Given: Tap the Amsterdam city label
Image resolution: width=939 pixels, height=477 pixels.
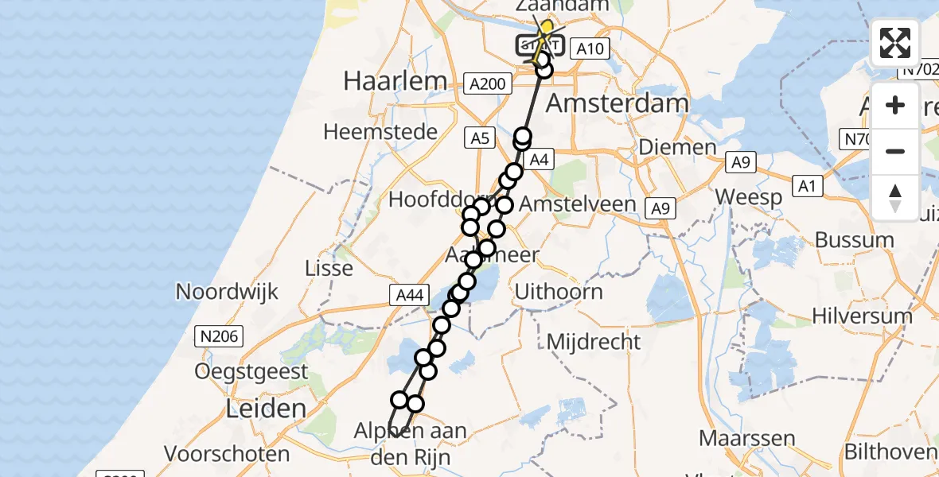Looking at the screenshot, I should (618, 103).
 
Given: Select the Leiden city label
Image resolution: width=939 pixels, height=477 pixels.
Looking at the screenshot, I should (266, 409).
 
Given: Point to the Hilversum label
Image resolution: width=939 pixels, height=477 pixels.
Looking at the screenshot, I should (862, 316).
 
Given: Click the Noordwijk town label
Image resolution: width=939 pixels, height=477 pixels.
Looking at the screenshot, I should (227, 292).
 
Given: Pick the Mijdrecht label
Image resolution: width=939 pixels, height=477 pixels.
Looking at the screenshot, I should (594, 343).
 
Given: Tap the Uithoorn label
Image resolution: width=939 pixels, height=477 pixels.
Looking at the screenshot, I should (559, 292).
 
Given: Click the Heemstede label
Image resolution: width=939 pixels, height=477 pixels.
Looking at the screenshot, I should (380, 132).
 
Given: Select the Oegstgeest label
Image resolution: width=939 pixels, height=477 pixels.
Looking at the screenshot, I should (251, 371).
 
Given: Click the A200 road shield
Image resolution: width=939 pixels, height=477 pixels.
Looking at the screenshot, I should (488, 83).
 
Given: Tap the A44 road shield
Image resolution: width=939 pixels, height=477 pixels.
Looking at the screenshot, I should (410, 296).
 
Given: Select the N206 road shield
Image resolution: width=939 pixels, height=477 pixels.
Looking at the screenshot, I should (219, 337).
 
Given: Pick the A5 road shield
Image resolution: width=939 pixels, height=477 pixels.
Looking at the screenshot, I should (480, 138).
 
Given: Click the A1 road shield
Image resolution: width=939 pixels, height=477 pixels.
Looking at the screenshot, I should (808, 186).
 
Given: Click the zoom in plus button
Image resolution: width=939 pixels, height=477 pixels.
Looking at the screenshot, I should (895, 105).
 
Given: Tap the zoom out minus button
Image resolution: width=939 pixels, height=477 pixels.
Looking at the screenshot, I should (895, 151).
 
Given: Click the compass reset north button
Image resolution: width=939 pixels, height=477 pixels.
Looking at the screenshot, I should (895, 197).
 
